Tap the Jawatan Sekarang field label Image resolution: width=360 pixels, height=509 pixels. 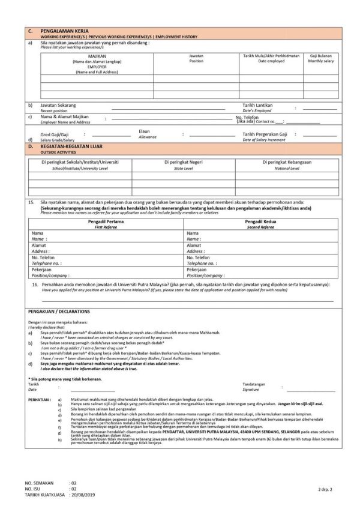pos(58,105)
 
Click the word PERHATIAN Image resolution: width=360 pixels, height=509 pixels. pos(40,398)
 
